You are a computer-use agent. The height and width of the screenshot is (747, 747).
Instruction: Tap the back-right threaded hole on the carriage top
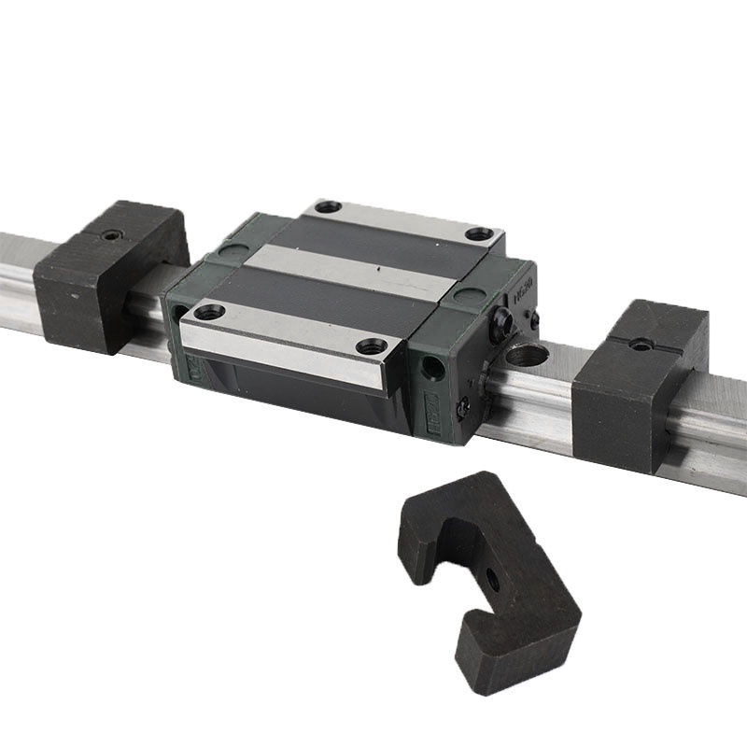click(x=479, y=234)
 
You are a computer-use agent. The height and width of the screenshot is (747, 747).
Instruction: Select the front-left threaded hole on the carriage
click(x=208, y=312)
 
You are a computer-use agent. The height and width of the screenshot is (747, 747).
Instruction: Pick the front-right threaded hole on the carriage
click(x=372, y=346)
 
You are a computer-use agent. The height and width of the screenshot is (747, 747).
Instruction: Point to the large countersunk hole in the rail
click(x=525, y=356)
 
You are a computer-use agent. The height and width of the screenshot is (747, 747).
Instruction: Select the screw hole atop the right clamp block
click(x=640, y=344)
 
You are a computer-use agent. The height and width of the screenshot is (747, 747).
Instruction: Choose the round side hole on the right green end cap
click(x=431, y=367)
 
